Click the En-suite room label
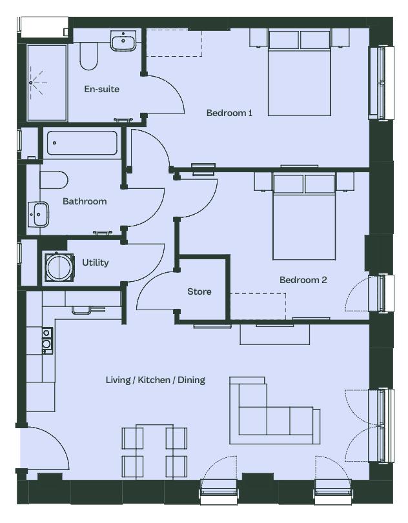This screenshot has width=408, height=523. pyautogui.click(x=101, y=89)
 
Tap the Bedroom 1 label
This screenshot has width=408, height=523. pyautogui.click(x=229, y=113)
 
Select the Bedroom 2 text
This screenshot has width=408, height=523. pyautogui.click(x=303, y=280)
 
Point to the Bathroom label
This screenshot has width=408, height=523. pyautogui.click(x=85, y=201)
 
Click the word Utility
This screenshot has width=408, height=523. pyautogui.click(x=96, y=262)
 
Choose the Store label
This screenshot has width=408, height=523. pyautogui.click(x=199, y=291)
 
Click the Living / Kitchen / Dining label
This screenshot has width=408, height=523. pyautogui.click(x=155, y=380)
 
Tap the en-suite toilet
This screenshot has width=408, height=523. pyautogui.click(x=88, y=56)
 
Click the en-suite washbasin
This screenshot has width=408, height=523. pyautogui.click(x=123, y=41)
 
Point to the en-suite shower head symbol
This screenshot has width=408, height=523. pyautogui.click(x=31, y=83)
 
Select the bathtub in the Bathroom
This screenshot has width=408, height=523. pyautogui.click(x=82, y=143)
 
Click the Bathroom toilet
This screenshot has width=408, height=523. pyautogui.click(x=54, y=180)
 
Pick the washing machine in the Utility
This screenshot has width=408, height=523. pyautogui.click(x=59, y=267)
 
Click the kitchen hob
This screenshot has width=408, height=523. pyautogui.click(x=46, y=340)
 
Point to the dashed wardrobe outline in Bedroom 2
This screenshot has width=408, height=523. pyautogui.click(x=258, y=306)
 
